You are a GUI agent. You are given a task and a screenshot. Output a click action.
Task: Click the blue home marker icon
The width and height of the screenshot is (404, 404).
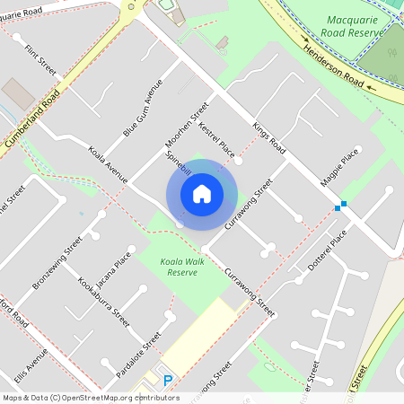click(202, 192)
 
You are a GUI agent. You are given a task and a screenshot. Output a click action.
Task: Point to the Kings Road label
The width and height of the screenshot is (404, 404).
click(268, 138)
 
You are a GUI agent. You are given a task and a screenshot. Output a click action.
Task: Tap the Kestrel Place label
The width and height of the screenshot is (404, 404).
click(215, 139)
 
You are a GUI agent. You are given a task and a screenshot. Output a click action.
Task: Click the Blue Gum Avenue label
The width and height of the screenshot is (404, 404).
click(143, 109)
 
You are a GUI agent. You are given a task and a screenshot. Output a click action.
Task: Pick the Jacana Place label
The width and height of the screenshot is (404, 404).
click(116, 268)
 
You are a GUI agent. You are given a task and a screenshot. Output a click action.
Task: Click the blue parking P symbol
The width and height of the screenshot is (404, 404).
click(167, 381)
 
